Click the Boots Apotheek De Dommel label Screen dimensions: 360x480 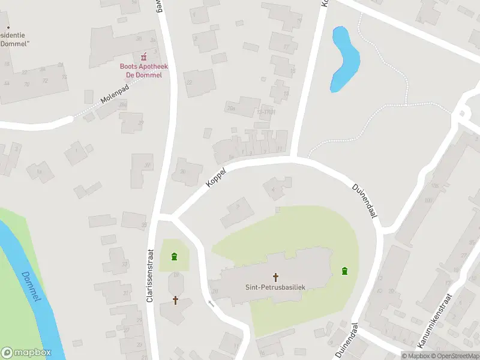(x=143, y=70)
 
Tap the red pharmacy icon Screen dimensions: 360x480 (x=143, y=58)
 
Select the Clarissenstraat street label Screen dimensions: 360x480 (x=152, y=277)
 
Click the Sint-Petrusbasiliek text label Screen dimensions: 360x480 (x=275, y=287)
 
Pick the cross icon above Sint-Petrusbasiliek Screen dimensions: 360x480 (x=276, y=277)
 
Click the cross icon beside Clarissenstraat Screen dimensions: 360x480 (x=176, y=299)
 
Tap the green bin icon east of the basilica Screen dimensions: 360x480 (x=344, y=271)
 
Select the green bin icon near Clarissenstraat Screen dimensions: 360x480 (x=175, y=257)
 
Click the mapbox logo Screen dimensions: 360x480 (x=26, y=352)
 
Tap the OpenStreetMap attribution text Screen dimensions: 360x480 (x=455, y=356)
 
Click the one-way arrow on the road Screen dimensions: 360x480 (x=211, y=303)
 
